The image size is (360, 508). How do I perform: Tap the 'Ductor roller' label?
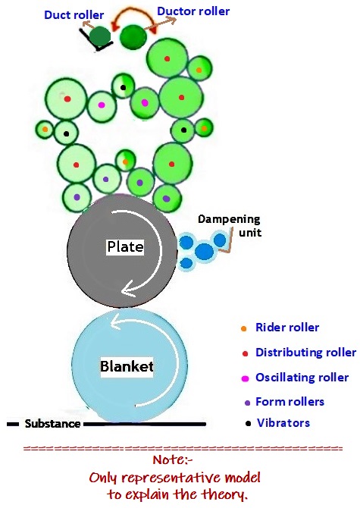(x=193, y=11)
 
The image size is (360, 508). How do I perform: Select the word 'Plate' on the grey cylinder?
(x=124, y=247)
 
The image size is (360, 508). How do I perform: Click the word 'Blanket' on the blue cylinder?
(x=127, y=367)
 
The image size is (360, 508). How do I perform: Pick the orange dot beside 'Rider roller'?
(x=243, y=328)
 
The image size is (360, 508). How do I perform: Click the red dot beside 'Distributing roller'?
(x=243, y=353)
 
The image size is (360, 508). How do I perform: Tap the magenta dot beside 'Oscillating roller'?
(x=243, y=378)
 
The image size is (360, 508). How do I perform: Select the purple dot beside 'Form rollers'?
(x=243, y=402)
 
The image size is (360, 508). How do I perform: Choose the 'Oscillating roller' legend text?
(x=302, y=378)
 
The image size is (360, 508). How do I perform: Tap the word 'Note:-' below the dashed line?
(x=179, y=463)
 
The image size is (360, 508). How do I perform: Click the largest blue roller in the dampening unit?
(x=205, y=252)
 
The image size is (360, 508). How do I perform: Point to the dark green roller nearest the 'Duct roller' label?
(x=99, y=36)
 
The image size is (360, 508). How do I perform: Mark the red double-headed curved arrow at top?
(x=133, y=17)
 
